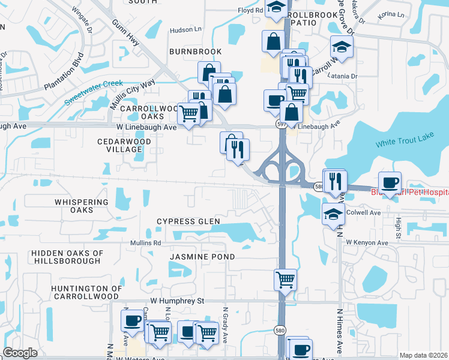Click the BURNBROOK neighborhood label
pyautogui.click(x=195, y=52)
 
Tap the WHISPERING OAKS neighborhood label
pyautogui.click(x=82, y=206)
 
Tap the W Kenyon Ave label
pyautogui.click(x=367, y=242)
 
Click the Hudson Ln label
pyautogui.click(x=186, y=29)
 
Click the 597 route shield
pyautogui.click(x=282, y=124)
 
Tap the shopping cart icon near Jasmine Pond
pyautogui.click(x=285, y=278)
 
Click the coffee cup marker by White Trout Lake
pyautogui.click(x=390, y=182)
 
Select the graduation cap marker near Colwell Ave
pyautogui.click(x=333, y=214)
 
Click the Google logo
pyautogui.click(x=20, y=353)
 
